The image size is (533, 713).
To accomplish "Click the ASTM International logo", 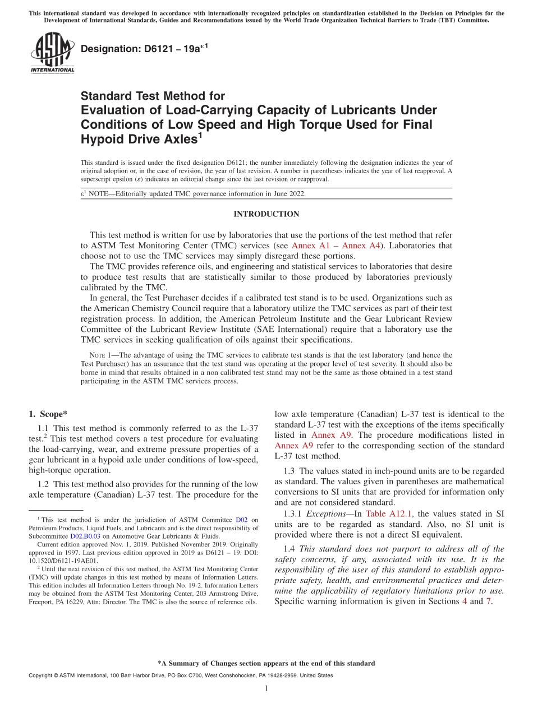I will coord(52,53).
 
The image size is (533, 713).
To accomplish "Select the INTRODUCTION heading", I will coord(266,214).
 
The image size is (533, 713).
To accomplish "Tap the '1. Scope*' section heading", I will coord(48,414).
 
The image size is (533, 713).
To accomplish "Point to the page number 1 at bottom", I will coord(266,689).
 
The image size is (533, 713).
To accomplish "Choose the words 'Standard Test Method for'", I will coord(153,96).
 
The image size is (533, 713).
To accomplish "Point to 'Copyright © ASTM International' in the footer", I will coord(67,675).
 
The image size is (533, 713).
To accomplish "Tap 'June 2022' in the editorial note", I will coord(289,193).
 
